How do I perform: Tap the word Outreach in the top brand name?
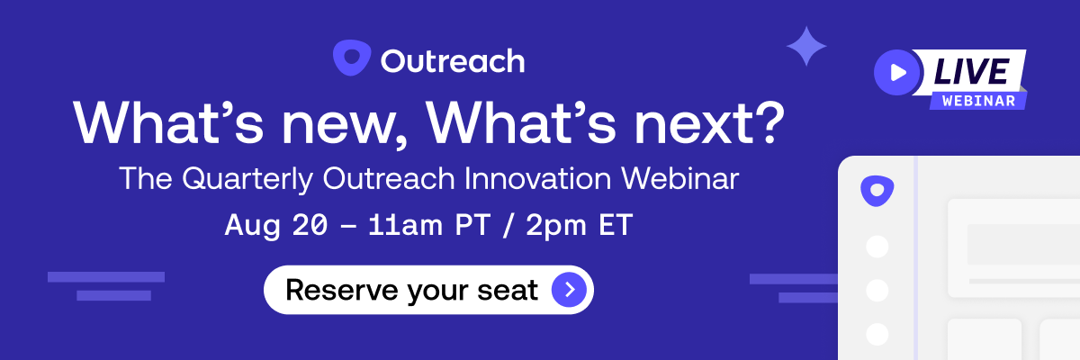(452, 61)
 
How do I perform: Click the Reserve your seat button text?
(411, 290)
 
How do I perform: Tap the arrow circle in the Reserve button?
(569, 290)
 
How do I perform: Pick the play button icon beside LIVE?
(896, 73)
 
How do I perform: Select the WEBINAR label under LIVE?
(978, 100)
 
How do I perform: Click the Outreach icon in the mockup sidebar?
(876, 191)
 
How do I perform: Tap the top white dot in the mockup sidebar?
(876, 247)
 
